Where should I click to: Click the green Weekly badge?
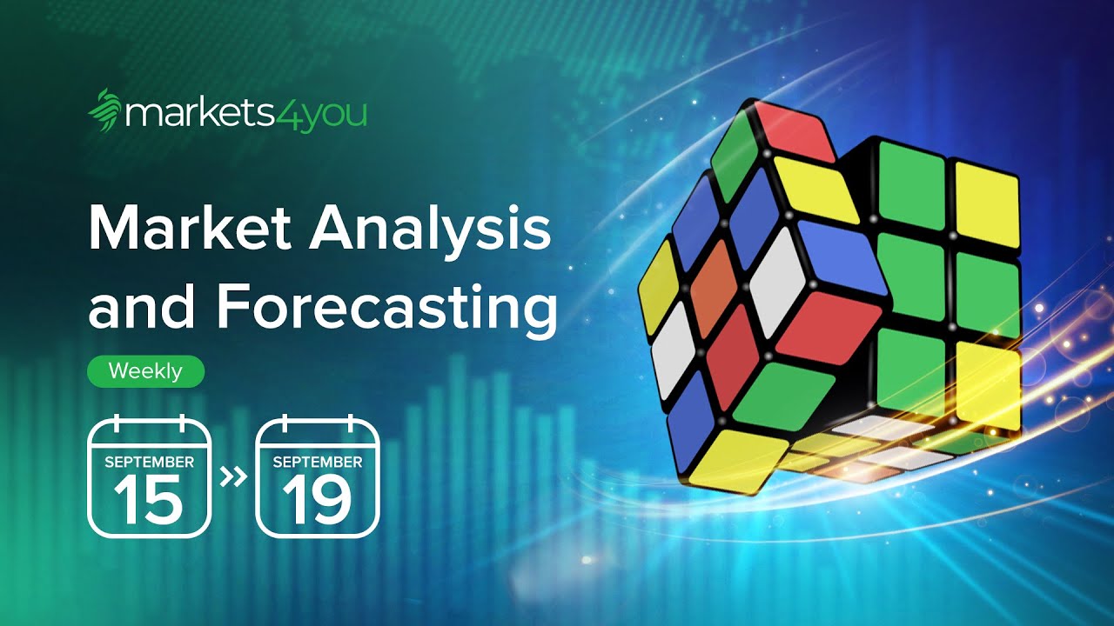click(x=145, y=371)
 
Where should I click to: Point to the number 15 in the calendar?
click(x=149, y=498)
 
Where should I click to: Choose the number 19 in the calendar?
click(x=317, y=498)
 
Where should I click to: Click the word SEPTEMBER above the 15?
click(x=149, y=462)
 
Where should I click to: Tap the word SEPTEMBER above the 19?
click(x=317, y=462)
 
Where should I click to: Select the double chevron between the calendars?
click(x=232, y=476)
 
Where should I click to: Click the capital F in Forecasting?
click(x=233, y=308)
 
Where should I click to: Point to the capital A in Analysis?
click(x=332, y=230)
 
